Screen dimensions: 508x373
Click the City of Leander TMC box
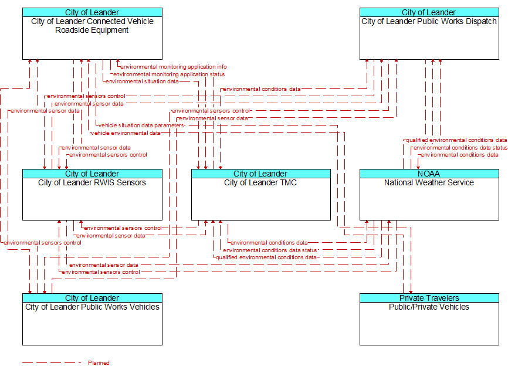(x=261, y=195)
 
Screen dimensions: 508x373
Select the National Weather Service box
(x=429, y=195)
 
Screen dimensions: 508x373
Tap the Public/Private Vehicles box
(x=429, y=319)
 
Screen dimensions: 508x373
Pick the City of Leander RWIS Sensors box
(x=92, y=195)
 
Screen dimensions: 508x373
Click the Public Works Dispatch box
(x=429, y=33)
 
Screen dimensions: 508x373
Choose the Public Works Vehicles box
(x=92, y=319)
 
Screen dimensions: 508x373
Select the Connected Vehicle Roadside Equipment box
(x=92, y=33)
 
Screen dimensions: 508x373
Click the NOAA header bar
(x=429, y=174)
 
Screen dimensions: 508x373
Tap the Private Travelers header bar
(x=429, y=298)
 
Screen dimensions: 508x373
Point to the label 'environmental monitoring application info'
(x=174, y=67)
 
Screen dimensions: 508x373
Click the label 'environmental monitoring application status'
(x=169, y=74)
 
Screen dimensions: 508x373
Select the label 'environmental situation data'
(x=142, y=82)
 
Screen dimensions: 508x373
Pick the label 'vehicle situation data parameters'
(x=141, y=126)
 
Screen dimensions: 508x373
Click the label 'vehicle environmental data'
(x=126, y=133)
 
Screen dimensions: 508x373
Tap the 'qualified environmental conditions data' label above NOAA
(x=456, y=140)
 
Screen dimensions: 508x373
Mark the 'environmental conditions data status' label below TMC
(x=270, y=250)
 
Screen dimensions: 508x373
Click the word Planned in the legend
(x=99, y=362)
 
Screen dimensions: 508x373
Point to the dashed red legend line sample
(x=52, y=362)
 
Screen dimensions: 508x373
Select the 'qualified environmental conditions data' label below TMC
(x=266, y=257)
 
